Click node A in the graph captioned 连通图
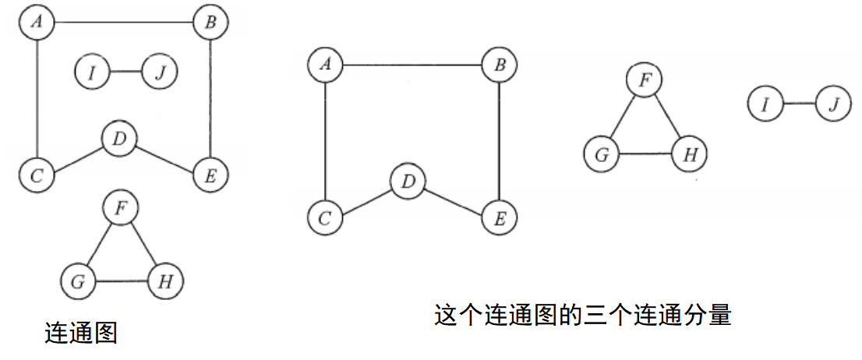(37, 23)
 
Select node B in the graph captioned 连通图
(210, 23)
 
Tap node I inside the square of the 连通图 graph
(93, 72)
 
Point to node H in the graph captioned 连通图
(165, 281)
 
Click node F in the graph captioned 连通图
(121, 208)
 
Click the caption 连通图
(81, 334)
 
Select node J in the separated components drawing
(833, 104)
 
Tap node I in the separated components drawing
(765, 104)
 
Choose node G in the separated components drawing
(601, 154)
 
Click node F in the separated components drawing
(644, 80)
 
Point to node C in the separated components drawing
(325, 217)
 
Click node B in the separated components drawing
(499, 65)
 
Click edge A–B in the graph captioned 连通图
(123, 23)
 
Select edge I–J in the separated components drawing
(799, 104)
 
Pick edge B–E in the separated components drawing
(499, 141)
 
